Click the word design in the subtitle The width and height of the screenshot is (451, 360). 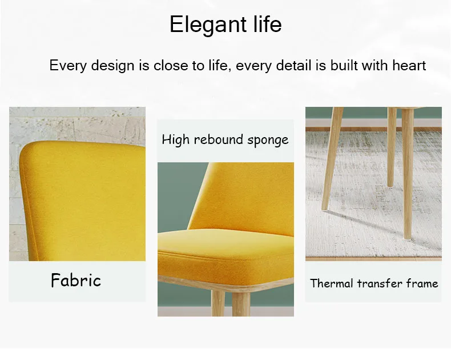pos(113,66)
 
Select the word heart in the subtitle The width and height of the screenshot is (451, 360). pos(409,65)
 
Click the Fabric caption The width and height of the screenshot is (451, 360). pos(76,280)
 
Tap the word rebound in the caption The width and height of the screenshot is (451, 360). pos(218,139)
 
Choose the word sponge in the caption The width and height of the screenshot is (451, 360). pos(268,141)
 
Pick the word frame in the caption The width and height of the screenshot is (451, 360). pos(422,283)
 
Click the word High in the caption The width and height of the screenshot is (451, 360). pos(175,140)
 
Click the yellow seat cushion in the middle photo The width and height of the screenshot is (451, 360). pos(226,254)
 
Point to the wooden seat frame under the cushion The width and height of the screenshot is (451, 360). pos(226,285)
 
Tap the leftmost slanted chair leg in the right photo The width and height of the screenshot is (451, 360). pos(332,159)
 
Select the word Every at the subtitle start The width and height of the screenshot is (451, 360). pos(68,66)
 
